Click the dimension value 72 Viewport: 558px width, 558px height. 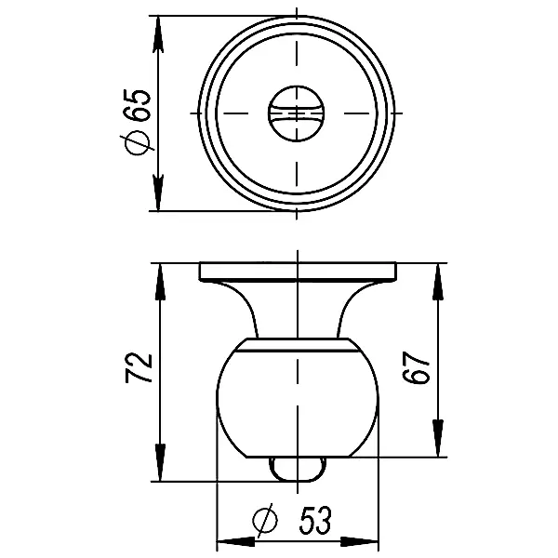tap(139, 369)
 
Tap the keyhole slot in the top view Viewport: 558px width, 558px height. tap(296, 113)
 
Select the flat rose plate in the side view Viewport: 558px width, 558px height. tap(297, 272)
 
